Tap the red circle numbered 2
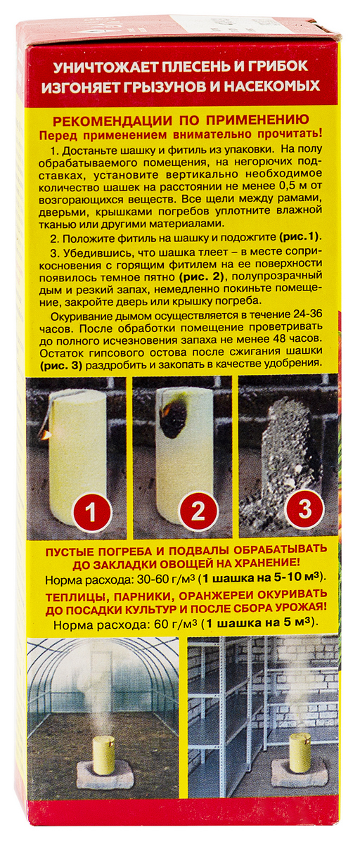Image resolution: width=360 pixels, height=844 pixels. pos(198,511)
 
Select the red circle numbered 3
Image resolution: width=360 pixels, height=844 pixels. pos(304,508)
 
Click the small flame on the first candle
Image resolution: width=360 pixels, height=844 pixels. pos(46,435)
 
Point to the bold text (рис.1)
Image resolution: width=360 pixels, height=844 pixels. pos(299,238)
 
